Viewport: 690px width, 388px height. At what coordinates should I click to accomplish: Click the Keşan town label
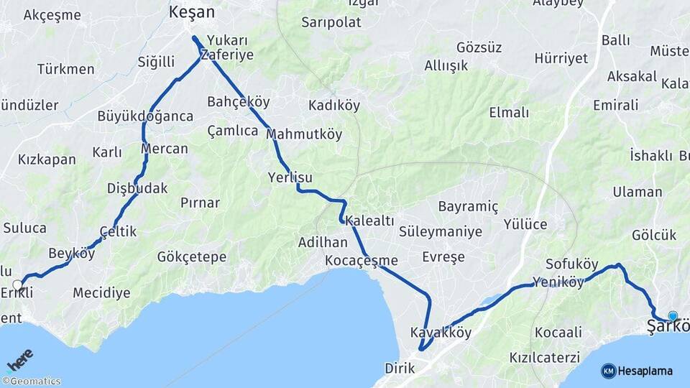(191, 11)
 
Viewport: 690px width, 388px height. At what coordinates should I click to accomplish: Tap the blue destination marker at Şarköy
(673, 315)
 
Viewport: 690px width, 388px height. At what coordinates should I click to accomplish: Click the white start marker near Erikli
(18, 285)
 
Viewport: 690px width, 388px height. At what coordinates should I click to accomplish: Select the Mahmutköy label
(304, 134)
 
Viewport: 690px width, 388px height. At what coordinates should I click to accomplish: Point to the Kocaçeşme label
(361, 259)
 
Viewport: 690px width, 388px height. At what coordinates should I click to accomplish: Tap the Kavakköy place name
(441, 333)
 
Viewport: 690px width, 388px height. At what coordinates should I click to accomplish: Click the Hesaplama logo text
(645, 371)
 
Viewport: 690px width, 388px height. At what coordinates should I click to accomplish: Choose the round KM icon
(608, 371)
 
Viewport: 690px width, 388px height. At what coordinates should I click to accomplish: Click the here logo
(19, 360)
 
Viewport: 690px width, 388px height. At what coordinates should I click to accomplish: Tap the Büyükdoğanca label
(145, 116)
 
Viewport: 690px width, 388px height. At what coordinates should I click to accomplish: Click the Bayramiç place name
(468, 206)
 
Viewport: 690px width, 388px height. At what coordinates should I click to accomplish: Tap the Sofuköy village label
(572, 264)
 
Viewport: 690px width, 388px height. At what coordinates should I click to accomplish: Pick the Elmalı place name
(509, 112)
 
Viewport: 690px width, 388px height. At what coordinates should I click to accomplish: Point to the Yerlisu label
(290, 177)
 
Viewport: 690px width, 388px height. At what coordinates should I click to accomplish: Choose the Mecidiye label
(101, 292)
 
